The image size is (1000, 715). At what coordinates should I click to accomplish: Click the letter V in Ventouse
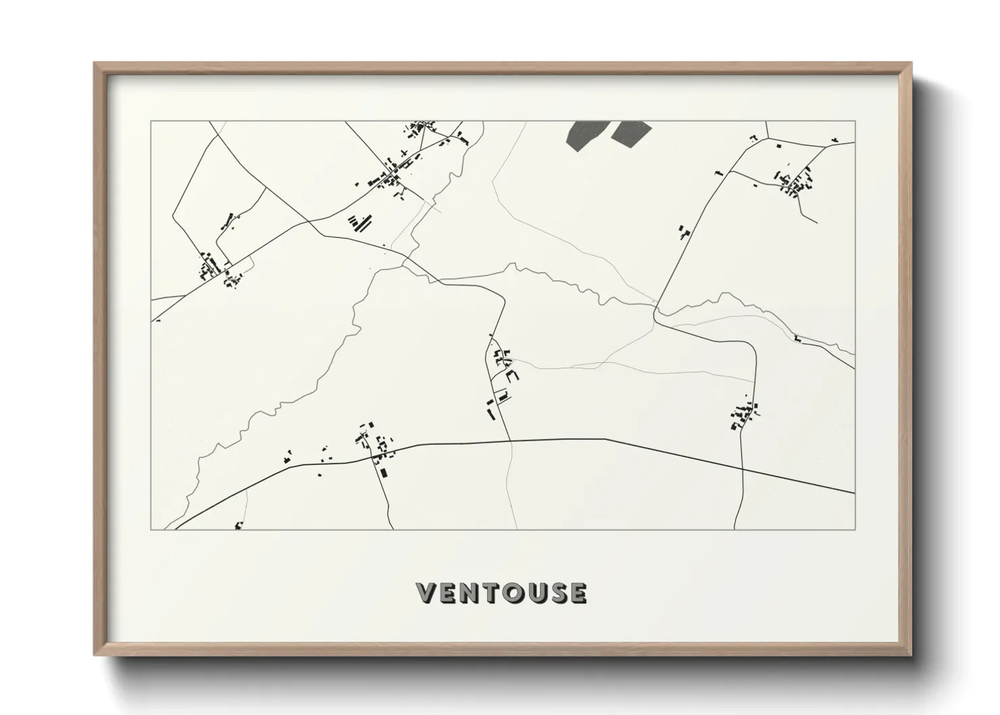tap(428, 593)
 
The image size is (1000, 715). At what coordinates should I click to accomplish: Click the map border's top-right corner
tap(855, 122)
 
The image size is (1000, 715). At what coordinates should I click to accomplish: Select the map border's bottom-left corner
tap(151, 529)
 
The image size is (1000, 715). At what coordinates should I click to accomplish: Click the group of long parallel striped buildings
tap(360, 222)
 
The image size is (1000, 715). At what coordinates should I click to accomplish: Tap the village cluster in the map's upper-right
tap(795, 180)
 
